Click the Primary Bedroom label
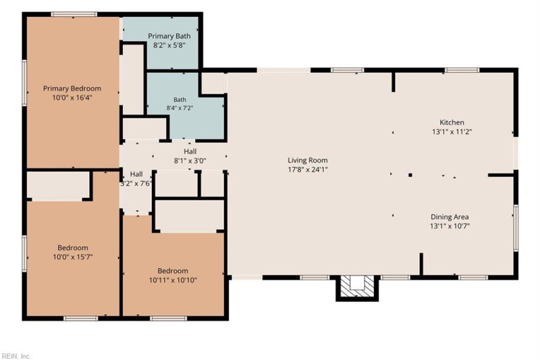(x=72, y=88)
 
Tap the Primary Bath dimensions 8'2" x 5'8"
(x=169, y=45)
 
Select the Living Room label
(x=308, y=160)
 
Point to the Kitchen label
(x=452, y=122)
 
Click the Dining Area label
(x=450, y=217)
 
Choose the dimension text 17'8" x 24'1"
(x=308, y=169)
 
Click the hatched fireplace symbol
(x=358, y=287)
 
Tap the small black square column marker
(x=410, y=175)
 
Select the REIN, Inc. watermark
(x=16, y=356)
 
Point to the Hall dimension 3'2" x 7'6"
(x=136, y=183)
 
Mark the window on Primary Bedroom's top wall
(x=74, y=14)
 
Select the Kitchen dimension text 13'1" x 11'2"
(x=452, y=132)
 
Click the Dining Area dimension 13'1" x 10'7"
(x=450, y=226)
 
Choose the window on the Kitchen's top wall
(x=462, y=70)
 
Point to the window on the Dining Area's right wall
(x=516, y=228)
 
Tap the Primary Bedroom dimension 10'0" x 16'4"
(x=72, y=97)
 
